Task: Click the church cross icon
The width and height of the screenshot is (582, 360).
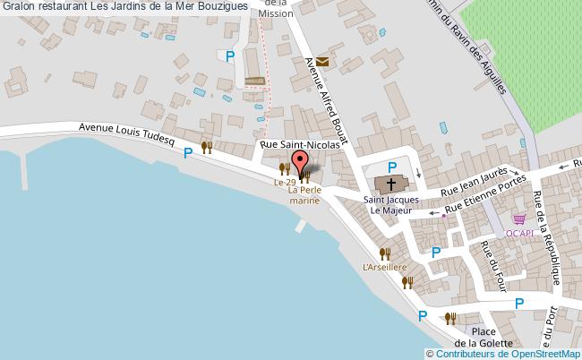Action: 391,185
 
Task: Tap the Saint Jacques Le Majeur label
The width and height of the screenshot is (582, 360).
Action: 390,205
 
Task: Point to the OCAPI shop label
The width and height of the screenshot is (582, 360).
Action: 520,233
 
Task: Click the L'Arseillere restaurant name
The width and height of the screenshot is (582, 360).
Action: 385,267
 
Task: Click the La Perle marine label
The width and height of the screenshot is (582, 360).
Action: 305,196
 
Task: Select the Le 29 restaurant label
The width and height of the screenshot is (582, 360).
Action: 285,183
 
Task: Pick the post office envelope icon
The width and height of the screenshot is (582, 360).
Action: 321,61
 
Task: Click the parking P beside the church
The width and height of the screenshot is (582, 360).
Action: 391,167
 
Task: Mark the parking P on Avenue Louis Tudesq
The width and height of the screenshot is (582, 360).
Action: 188,153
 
